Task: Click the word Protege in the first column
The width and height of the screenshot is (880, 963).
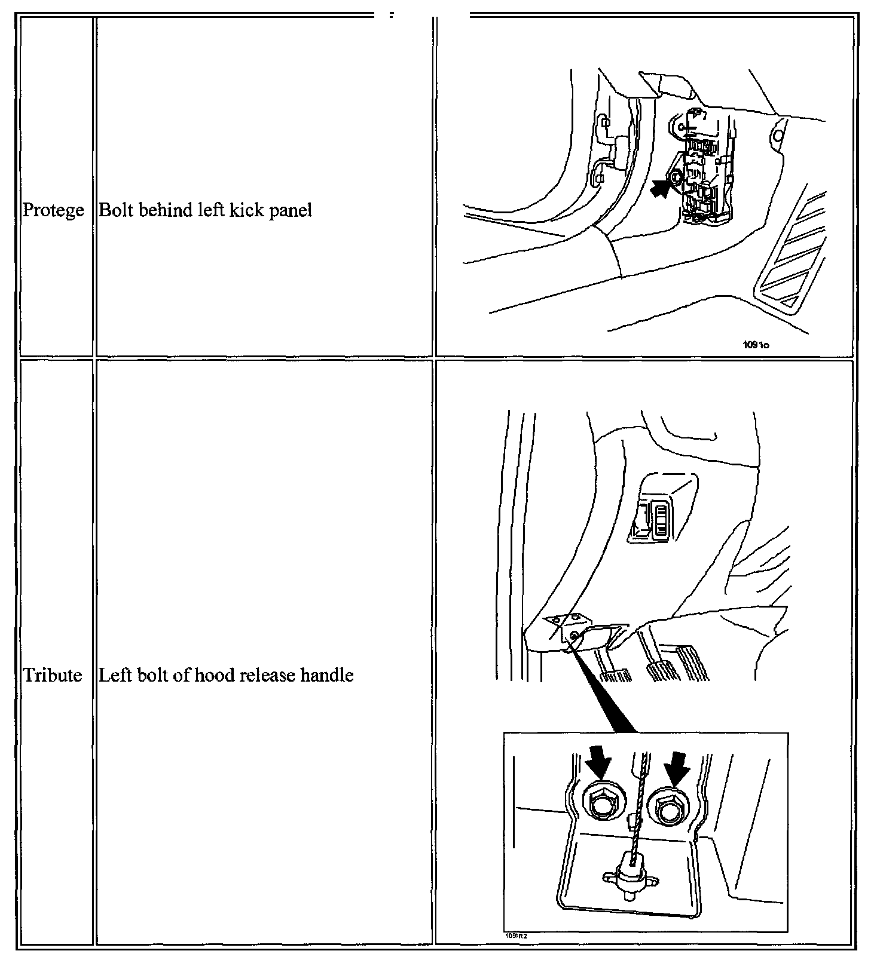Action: tap(53, 210)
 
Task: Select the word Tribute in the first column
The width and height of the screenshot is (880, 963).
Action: tap(53, 675)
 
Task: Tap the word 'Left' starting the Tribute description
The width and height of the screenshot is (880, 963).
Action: tap(111, 675)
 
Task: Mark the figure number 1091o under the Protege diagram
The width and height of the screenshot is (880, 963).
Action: tap(756, 345)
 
